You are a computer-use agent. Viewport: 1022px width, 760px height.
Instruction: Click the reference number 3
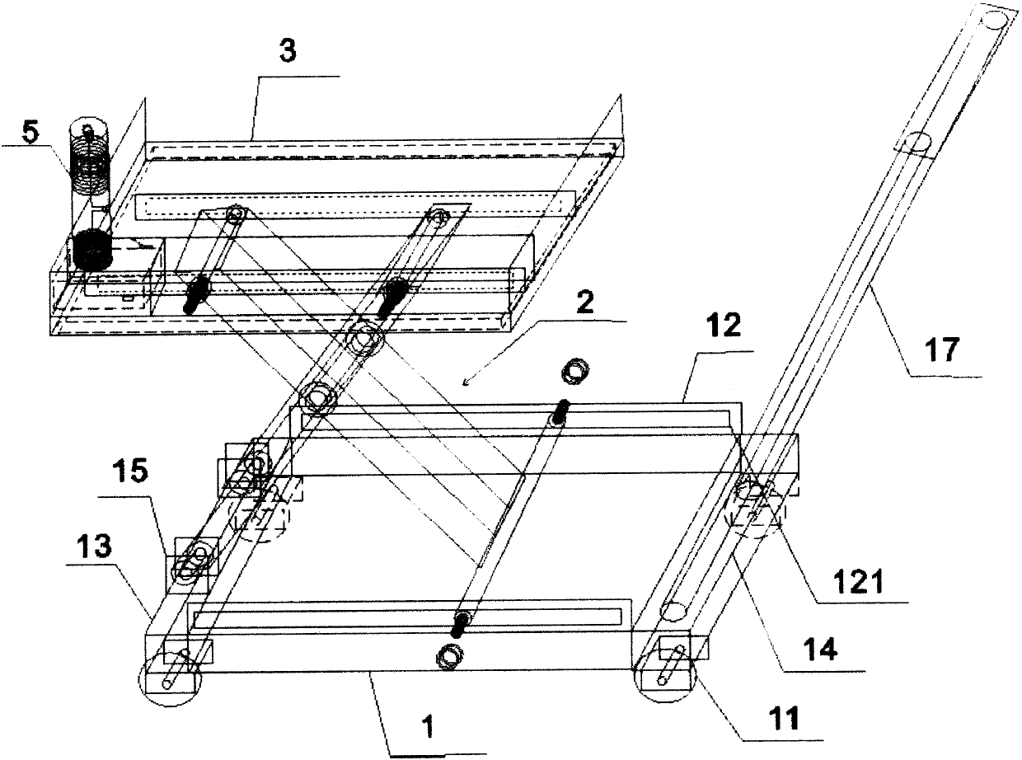pos(287,51)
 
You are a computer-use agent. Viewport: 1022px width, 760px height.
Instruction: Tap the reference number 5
pos(30,132)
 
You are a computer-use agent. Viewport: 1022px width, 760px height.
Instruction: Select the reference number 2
pos(584,303)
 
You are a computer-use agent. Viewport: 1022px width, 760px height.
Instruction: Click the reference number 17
pos(943,350)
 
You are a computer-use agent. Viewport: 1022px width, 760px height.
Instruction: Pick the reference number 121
pos(860,582)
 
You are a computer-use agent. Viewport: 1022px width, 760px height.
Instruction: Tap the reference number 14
pos(819,650)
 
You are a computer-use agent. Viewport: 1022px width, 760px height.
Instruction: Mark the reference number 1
pos(429,728)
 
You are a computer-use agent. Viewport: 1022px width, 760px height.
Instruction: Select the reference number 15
pos(131,471)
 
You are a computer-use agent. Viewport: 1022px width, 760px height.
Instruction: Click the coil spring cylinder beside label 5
pos(91,165)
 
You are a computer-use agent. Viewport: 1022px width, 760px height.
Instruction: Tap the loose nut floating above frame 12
pos(574,371)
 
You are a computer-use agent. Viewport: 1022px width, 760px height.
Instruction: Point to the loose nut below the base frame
pos(450,655)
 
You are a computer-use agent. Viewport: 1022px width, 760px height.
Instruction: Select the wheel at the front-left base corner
pos(170,681)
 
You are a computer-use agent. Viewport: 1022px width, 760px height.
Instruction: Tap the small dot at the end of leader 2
pos(466,382)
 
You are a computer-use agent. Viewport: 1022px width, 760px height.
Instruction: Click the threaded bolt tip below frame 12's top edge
pos(560,412)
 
